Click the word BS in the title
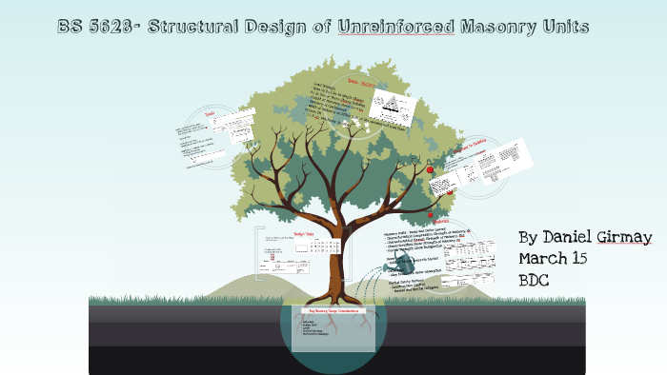coord(69,27)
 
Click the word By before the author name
coord(530,236)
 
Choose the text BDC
coord(536,281)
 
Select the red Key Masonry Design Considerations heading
coord(333,311)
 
